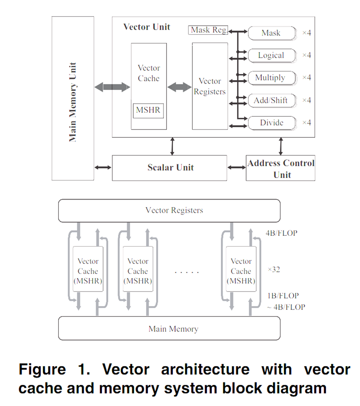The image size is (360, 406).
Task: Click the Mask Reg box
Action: pyautogui.click(x=208, y=30)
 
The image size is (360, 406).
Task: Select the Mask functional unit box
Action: pyautogui.click(x=271, y=33)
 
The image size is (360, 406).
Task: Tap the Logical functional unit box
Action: pyautogui.click(x=271, y=55)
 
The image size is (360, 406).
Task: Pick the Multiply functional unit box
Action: pyautogui.click(x=271, y=78)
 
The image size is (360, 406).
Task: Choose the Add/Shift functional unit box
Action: pyautogui.click(x=271, y=100)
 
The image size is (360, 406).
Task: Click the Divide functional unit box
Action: pyautogui.click(x=271, y=123)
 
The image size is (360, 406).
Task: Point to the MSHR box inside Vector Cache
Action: pyautogui.click(x=148, y=110)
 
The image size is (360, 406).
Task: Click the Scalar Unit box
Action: pyautogui.click(x=170, y=168)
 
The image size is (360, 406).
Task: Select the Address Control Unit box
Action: pyautogui.click(x=281, y=168)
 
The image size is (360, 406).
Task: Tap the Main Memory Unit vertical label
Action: pyautogui.click(x=73, y=101)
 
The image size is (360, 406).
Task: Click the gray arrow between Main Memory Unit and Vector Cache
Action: pyautogui.click(x=112, y=87)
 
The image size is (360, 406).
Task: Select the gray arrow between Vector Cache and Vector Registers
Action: pyautogui.click(x=179, y=87)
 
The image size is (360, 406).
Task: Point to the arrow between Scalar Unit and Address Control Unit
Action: pyautogui.click(x=236, y=167)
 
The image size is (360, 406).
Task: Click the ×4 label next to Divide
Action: pyautogui.click(x=307, y=123)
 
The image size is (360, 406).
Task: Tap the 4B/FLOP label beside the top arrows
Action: pyautogui.click(x=281, y=233)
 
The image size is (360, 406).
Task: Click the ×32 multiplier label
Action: pyautogui.click(x=274, y=270)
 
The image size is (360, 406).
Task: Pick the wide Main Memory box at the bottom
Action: pyautogui.click(x=169, y=329)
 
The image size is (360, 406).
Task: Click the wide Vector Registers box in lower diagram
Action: pyautogui.click(x=169, y=210)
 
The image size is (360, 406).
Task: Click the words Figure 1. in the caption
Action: pyautogui.click(x=54, y=369)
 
